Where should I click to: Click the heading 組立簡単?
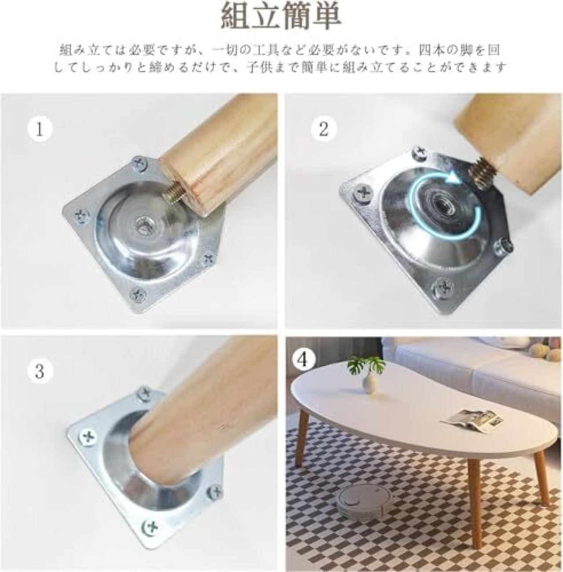point(281,17)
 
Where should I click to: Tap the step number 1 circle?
point(40,129)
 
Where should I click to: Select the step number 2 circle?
point(324,129)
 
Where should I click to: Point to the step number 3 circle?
point(40,372)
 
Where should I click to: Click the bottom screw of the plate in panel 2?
point(442,288)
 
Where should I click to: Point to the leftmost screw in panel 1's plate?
point(81,215)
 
